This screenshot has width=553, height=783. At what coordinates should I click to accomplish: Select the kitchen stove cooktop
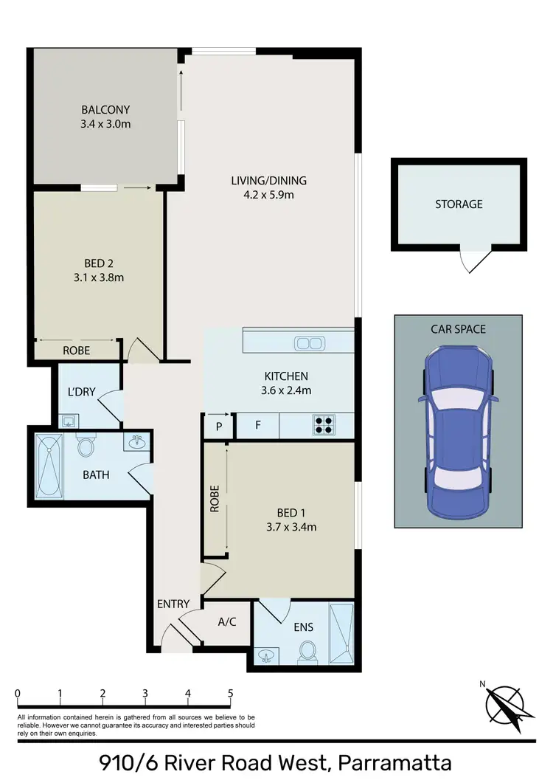coord(323,425)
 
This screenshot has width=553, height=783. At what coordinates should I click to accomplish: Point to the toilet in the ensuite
coord(308,650)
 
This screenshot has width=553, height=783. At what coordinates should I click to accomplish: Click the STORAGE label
coord(459,204)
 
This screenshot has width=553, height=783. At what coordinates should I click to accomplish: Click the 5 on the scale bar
coord(231,694)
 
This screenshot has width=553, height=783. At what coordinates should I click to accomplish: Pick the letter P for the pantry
coord(219,426)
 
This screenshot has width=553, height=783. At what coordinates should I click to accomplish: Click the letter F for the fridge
coord(257,426)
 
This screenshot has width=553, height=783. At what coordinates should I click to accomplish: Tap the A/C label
coord(227,621)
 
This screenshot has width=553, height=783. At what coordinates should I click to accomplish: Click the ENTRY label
coord(173,604)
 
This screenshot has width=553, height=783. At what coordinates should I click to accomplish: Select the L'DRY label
coord(82,392)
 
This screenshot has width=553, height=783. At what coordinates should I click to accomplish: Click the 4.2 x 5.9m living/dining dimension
coord(268,196)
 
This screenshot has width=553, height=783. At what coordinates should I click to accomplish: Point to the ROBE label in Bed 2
coord(76,351)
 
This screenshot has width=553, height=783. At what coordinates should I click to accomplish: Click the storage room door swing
coord(473,261)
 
